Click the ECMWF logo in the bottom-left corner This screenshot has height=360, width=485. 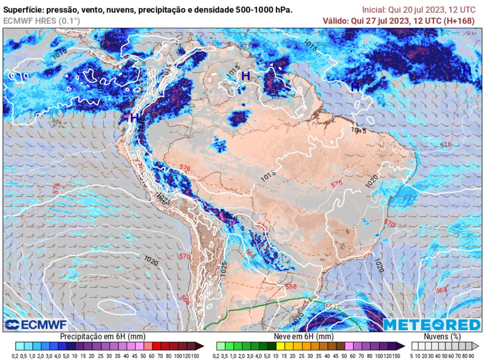point(36,324)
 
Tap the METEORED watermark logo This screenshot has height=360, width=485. point(431,324)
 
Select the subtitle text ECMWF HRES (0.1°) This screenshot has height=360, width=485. point(42,21)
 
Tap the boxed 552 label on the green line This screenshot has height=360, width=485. point(331,307)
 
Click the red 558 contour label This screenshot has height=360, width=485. point(291,287)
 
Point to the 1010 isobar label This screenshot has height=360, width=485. point(60,53)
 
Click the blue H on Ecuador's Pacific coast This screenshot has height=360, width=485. point(134,117)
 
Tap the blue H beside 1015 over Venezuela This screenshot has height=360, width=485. point(245,75)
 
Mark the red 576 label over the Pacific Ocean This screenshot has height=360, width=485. point(56,188)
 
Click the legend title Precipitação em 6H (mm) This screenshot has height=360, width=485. point(102,336)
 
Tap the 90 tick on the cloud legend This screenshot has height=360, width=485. point(472,355)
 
